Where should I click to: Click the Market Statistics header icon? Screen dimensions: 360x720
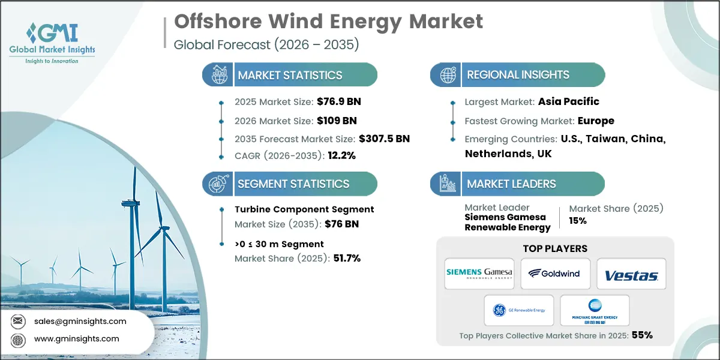click(218, 75)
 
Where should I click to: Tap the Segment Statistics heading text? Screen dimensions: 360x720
click(293, 184)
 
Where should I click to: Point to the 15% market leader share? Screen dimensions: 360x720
click(578, 221)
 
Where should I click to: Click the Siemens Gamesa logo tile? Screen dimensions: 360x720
click(479, 274)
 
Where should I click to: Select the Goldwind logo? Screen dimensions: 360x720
click(555, 274)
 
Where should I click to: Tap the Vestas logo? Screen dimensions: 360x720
click(631, 275)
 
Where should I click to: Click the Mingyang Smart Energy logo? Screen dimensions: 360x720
click(594, 310)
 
